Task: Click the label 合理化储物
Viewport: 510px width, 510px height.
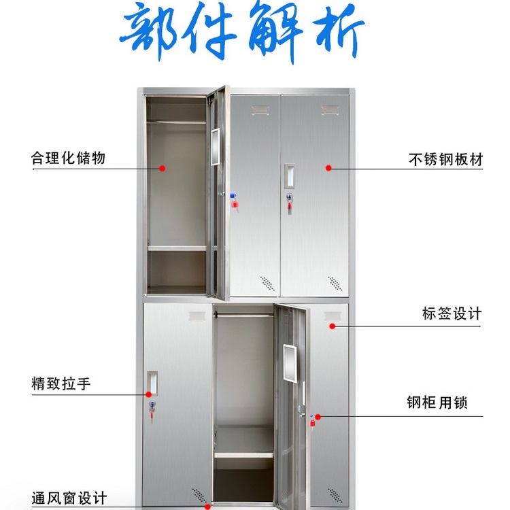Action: click(68, 158)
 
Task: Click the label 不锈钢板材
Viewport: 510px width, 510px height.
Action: click(445, 160)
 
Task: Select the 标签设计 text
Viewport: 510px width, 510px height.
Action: click(452, 313)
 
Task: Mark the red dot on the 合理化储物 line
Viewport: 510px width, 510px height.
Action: click(163, 167)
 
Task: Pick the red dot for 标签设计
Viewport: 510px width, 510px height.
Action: click(333, 326)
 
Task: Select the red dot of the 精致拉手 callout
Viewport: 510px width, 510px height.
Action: click(149, 393)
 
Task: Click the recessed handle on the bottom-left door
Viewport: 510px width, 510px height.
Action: click(153, 383)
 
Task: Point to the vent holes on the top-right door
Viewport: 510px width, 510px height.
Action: click(335, 282)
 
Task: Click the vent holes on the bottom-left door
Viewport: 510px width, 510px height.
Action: click(199, 494)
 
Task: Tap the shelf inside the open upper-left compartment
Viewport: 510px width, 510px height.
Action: click(176, 248)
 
